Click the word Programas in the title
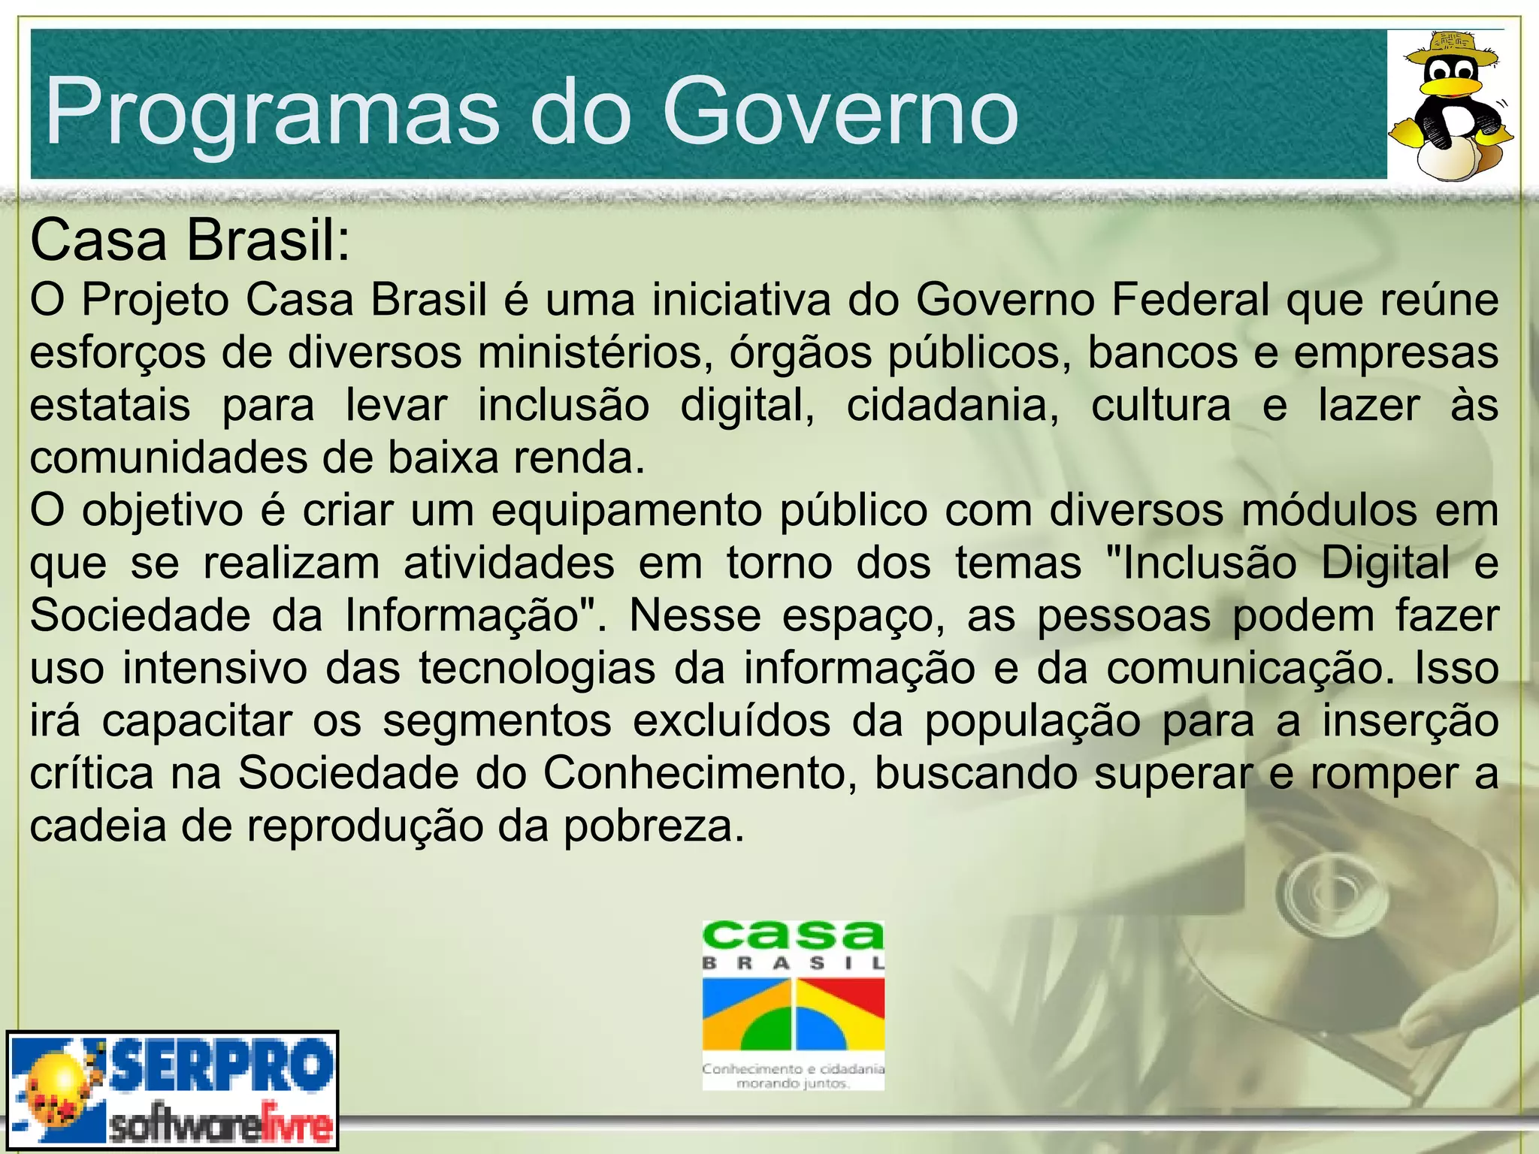click(x=271, y=113)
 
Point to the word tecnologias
click(x=537, y=668)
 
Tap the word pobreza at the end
click(x=653, y=826)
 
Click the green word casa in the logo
click(x=793, y=936)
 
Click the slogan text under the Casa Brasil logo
click(x=793, y=1075)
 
